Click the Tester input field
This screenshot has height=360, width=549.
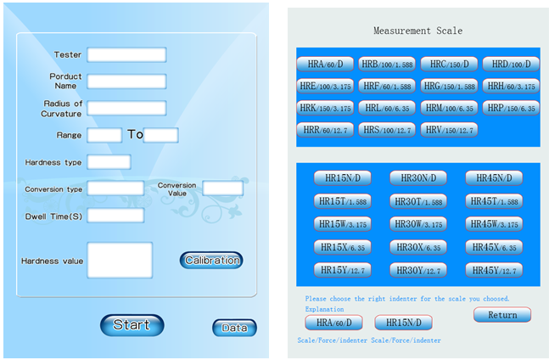pos(126,55)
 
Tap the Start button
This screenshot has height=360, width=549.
pos(132,325)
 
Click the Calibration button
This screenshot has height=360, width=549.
pos(211,260)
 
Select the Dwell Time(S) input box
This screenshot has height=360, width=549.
pos(115,216)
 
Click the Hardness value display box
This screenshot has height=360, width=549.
pos(120,260)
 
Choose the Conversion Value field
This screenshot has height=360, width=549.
pos(222,188)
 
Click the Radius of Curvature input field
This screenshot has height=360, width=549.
pos(126,108)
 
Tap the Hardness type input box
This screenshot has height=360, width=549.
pos(109,162)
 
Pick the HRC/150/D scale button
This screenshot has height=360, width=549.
pos(449,64)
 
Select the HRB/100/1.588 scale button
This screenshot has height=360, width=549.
pos(387,64)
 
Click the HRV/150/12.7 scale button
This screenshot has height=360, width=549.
pos(449,130)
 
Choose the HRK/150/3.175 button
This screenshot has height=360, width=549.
pos(325,108)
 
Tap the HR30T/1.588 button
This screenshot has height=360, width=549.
pos(418,201)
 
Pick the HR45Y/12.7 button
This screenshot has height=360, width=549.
pos(494,270)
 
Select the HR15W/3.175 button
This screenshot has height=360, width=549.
pos(343,224)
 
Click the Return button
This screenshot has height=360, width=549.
pos(502,315)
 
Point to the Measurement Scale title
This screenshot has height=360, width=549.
pos(417,31)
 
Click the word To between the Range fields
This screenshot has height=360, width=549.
pos(135,134)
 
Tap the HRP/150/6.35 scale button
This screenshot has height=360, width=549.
pos(511,108)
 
